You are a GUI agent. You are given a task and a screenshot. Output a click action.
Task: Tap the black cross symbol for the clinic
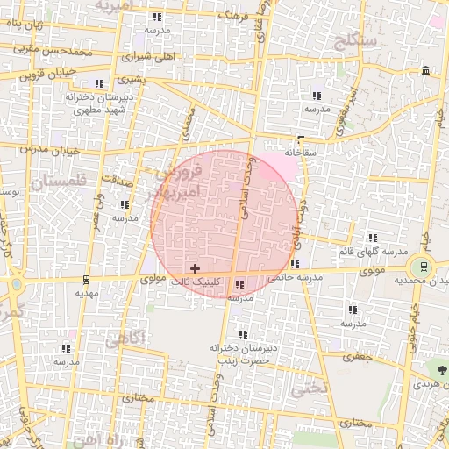(194, 267)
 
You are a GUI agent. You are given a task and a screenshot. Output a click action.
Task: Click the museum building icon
(425, 70)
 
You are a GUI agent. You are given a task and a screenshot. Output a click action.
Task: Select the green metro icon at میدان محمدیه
(424, 266)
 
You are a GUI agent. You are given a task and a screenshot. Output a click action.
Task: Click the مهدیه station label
(86, 294)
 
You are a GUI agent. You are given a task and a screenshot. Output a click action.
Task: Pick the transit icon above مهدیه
(86, 281)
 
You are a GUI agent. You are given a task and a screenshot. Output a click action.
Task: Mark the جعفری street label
(358, 357)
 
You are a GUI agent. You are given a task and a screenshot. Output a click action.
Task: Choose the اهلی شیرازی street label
(149, 55)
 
